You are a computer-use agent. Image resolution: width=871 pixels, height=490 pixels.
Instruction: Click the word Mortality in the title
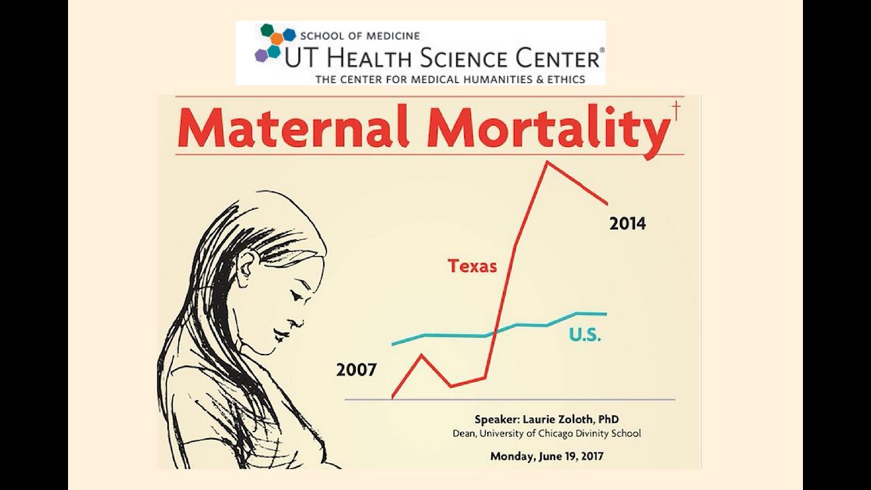coord(545,128)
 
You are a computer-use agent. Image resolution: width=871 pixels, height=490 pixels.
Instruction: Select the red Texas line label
coord(472,266)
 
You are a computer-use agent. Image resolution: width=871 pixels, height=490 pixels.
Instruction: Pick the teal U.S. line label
coord(585,335)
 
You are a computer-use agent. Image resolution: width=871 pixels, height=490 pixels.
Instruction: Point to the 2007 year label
coord(356,370)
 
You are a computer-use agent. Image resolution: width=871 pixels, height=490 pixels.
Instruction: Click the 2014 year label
coord(627,223)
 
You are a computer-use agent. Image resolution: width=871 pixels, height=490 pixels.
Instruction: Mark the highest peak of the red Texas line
coord(546,162)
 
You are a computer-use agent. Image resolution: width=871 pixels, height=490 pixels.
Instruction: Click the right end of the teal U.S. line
coord(604,314)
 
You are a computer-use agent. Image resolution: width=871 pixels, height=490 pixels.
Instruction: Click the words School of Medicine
coord(360,35)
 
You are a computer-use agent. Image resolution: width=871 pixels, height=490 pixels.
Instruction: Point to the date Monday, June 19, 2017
coord(546,457)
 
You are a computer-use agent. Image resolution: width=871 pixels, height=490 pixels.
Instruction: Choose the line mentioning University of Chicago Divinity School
coord(546,434)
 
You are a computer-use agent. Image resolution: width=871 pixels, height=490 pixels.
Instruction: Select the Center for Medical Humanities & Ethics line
coord(450,79)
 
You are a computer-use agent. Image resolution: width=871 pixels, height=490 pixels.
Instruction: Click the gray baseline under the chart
coord(510,399)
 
